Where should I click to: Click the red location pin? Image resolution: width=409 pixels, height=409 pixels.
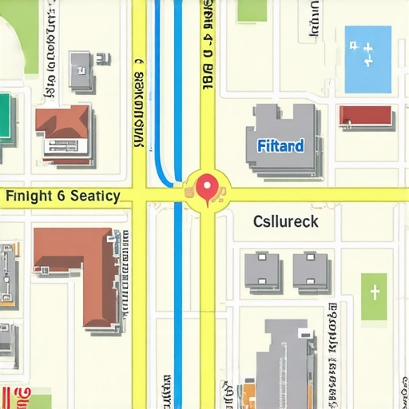(x=208, y=188)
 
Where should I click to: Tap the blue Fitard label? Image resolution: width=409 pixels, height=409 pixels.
(x=280, y=146)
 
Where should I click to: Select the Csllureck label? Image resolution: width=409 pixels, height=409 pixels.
(x=285, y=221)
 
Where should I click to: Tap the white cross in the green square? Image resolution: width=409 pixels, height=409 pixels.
(x=374, y=293)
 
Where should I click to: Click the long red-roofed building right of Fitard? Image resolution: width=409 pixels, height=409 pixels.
(x=366, y=117)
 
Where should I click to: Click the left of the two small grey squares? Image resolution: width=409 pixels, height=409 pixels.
(x=262, y=270)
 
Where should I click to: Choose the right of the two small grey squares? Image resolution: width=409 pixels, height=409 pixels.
(x=310, y=270)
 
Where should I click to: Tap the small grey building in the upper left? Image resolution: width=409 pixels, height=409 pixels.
(x=81, y=70)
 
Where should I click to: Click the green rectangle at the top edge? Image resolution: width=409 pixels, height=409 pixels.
(x=252, y=10)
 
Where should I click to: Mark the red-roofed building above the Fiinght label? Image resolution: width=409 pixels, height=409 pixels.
(x=64, y=132)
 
